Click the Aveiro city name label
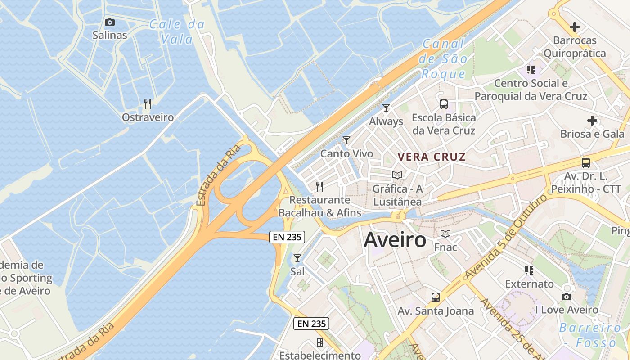tap(395, 240)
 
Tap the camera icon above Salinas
tap(109, 22)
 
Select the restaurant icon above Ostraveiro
tap(148, 104)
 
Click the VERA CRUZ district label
tap(432, 157)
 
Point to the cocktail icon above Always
tap(386, 108)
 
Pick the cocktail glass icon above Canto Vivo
tap(346, 140)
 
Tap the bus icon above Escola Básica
tap(444, 104)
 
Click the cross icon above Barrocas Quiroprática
tap(574, 27)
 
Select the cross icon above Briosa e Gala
tap(592, 121)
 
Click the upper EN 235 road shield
tap(287, 237)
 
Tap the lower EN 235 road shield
tap(311, 324)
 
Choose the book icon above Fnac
tap(445, 234)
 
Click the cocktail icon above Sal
tap(297, 258)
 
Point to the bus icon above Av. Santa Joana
tap(435, 297)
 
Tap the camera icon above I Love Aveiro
tap(567, 297)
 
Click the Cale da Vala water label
tap(177, 31)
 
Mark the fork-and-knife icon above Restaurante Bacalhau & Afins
tap(319, 186)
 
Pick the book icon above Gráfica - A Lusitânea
tap(397, 175)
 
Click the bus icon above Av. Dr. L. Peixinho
tap(586, 163)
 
